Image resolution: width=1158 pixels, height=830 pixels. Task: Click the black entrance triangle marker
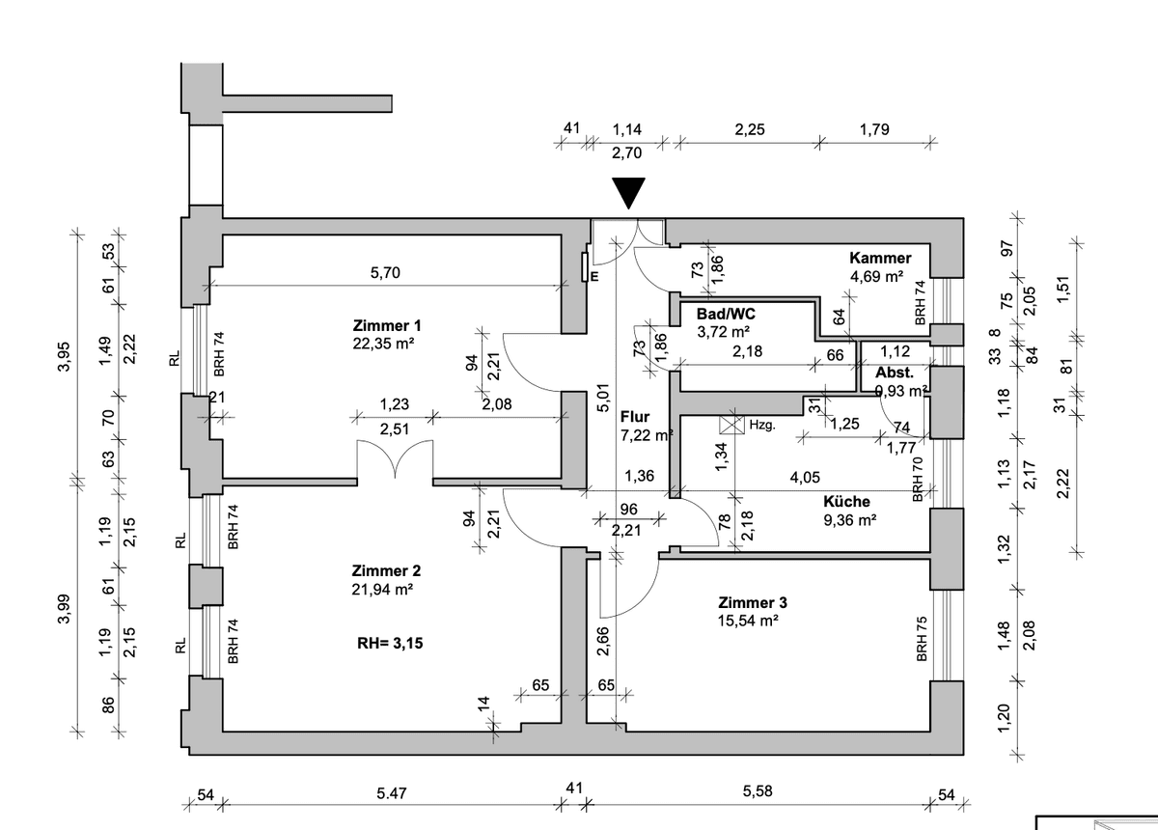629,193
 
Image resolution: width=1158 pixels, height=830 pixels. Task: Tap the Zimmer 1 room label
387,324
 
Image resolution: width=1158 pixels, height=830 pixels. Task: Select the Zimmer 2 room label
386,570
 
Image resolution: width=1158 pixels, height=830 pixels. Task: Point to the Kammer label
880,258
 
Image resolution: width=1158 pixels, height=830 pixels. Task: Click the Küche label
846,502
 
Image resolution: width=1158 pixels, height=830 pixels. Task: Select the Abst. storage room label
895,373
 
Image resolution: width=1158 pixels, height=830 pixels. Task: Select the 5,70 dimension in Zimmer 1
384,274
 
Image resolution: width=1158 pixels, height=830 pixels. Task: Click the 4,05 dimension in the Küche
804,476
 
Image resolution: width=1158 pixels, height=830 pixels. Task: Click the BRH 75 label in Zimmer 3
923,640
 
